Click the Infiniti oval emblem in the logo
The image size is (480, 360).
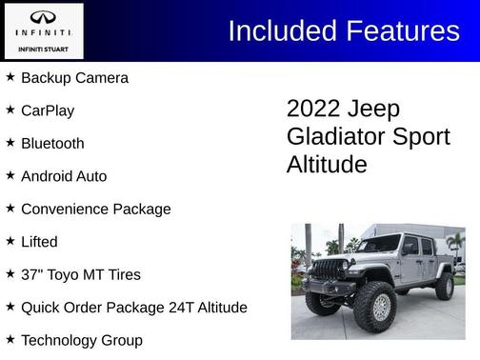click(43, 17)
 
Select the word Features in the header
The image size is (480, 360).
click(403, 30)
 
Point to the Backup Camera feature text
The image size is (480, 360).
click(74, 77)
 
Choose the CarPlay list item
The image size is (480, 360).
click(48, 110)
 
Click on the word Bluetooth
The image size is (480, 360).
click(52, 143)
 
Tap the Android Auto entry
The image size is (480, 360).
click(64, 176)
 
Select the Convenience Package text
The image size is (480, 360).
click(95, 209)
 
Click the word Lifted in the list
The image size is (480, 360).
click(39, 242)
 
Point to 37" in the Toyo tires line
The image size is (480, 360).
click(31, 274)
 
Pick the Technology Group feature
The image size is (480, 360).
click(81, 340)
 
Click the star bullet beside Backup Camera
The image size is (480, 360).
click(10, 76)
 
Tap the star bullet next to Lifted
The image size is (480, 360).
click(10, 241)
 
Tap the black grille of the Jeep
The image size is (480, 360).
click(328, 270)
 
